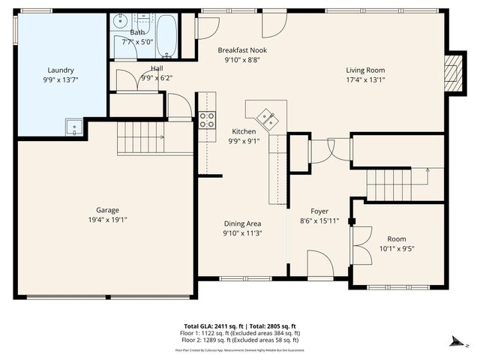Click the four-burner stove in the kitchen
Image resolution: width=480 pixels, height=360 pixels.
click(207, 121)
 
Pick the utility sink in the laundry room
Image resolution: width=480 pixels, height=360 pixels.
click(73, 127)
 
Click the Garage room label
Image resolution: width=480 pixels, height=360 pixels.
click(106, 210)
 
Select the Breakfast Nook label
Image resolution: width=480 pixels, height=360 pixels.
click(242, 50)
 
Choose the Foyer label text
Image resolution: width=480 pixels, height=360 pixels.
click(319, 211)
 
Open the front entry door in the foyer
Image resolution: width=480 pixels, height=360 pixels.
click(321, 265)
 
